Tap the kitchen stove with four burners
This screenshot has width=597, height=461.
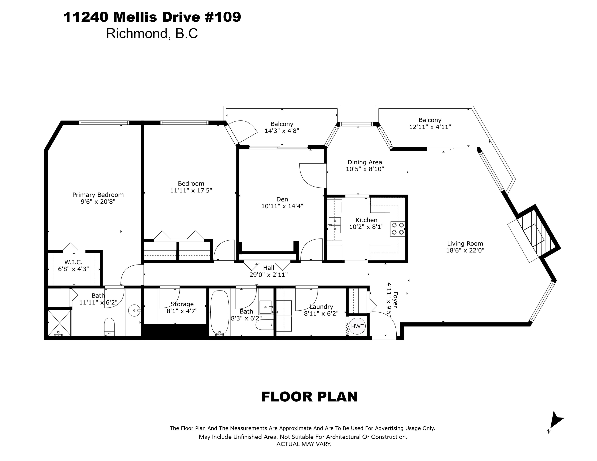[398, 229]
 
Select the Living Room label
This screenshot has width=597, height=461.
[465, 244]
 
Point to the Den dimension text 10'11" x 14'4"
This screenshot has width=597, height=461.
[282, 206]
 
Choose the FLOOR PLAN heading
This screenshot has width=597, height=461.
[310, 397]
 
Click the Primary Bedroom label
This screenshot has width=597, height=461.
[98, 195]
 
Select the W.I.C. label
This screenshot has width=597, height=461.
[73, 262]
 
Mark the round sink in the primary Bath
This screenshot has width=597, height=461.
[134, 310]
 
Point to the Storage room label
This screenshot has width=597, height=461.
[182, 304]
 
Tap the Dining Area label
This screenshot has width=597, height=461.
[365, 162]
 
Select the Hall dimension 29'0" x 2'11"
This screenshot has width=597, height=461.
[268, 275]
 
